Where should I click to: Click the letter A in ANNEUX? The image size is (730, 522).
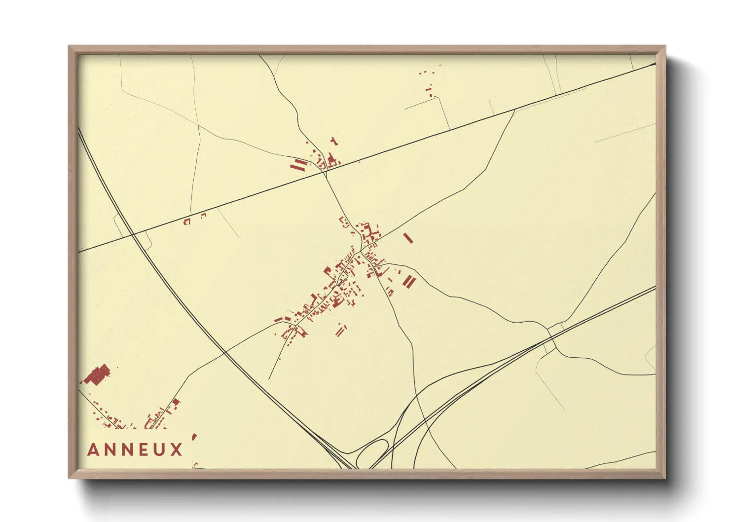[93, 450]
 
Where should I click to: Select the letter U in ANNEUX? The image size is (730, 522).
[159, 450]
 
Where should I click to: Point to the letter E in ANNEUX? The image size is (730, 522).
[144, 450]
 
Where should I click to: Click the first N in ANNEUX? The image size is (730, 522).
[110, 450]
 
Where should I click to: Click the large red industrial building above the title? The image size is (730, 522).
[97, 375]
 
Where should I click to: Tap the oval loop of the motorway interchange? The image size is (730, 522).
[372, 452]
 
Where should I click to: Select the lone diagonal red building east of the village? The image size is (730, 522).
[408, 238]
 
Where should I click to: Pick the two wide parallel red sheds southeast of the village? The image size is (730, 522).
[409, 282]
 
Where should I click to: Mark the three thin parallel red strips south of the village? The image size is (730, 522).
[341, 330]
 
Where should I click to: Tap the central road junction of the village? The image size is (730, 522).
[362, 251]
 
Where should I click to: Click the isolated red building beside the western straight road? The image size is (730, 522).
[187, 222]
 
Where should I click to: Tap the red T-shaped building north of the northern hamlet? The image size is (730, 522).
[334, 142]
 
